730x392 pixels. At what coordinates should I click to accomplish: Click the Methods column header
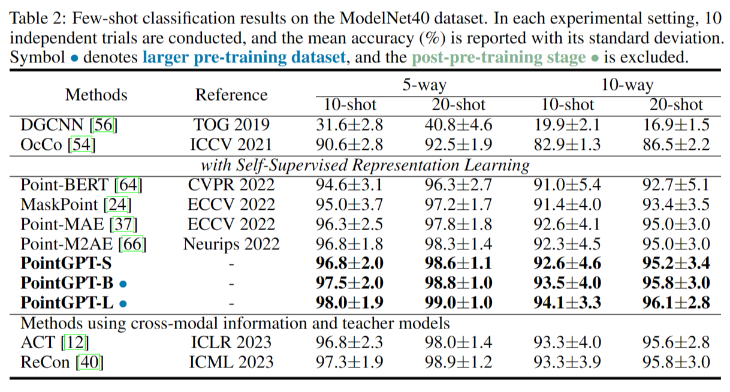(x=96, y=95)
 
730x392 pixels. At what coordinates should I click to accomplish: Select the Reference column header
(x=231, y=95)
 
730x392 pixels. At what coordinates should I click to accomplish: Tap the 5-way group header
(x=424, y=85)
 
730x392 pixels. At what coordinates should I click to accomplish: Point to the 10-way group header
(x=627, y=85)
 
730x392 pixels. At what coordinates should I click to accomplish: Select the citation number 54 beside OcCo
(x=82, y=144)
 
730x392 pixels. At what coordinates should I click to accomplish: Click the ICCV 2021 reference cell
(x=231, y=144)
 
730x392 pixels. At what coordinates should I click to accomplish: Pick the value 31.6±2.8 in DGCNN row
(x=349, y=125)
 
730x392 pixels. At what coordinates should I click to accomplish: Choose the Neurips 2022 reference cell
(x=231, y=244)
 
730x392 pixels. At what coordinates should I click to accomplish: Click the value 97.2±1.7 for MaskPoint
(x=458, y=204)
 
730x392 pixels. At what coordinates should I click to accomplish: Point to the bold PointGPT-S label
(x=66, y=263)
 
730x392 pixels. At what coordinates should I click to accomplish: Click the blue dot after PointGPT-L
(x=123, y=304)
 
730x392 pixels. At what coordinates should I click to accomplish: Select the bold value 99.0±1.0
(x=458, y=303)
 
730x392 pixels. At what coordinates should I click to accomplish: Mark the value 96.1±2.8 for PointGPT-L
(x=676, y=303)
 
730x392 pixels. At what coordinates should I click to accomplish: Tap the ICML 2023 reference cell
(x=231, y=362)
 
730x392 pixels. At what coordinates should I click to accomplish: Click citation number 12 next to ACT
(x=75, y=342)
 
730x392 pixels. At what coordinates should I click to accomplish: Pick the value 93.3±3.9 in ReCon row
(x=567, y=362)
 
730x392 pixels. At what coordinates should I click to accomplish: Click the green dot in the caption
(x=595, y=58)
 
